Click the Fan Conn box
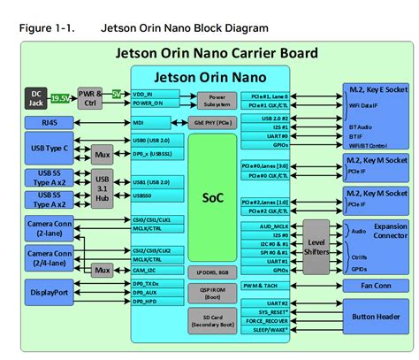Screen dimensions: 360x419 (x=376, y=285)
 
